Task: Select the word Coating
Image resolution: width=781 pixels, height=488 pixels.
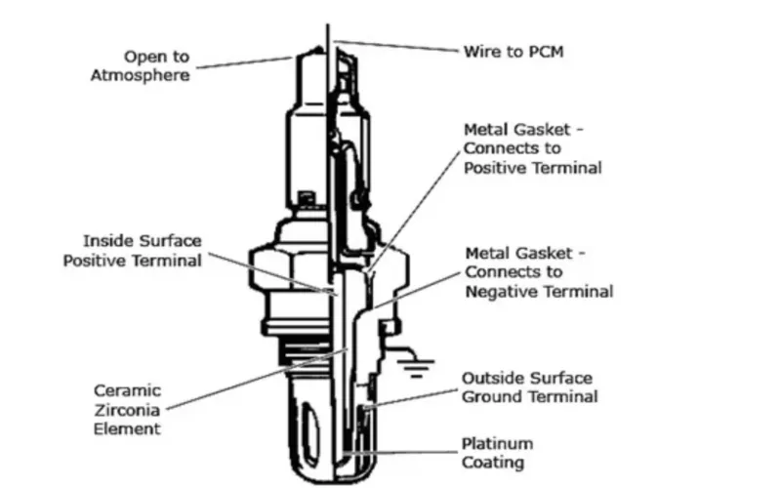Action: point(493,463)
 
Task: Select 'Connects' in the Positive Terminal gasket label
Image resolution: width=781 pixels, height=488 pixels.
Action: point(498,148)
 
